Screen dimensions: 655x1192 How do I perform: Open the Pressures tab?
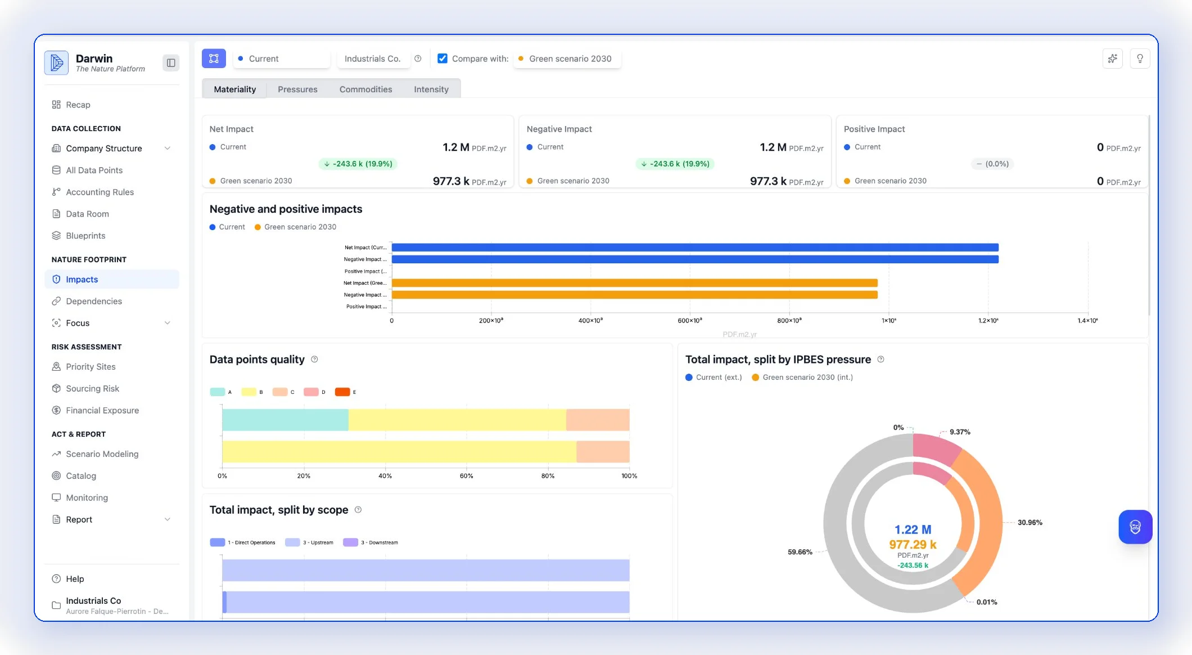click(297, 89)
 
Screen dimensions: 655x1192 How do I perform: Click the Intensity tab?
click(431, 89)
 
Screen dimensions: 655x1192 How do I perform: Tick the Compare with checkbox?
click(443, 59)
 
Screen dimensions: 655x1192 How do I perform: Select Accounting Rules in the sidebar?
click(100, 192)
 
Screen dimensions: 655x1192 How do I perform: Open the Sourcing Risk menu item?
click(92, 388)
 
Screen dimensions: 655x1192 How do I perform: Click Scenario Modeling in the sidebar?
click(102, 454)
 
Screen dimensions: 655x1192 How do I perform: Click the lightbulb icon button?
click(1140, 59)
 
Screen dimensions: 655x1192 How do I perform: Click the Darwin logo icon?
click(56, 62)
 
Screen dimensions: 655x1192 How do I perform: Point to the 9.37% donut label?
click(960, 432)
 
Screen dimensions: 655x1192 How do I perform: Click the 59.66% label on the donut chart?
click(800, 552)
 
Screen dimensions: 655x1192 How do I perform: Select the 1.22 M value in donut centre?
click(913, 530)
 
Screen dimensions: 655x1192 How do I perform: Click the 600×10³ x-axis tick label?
click(689, 320)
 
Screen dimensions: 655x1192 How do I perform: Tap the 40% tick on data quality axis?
click(385, 476)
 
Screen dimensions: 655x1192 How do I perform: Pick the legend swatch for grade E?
click(342, 392)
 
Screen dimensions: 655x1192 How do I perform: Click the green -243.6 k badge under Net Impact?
click(358, 164)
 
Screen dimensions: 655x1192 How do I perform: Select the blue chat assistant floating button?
click(1135, 527)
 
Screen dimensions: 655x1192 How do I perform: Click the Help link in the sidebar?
click(75, 578)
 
